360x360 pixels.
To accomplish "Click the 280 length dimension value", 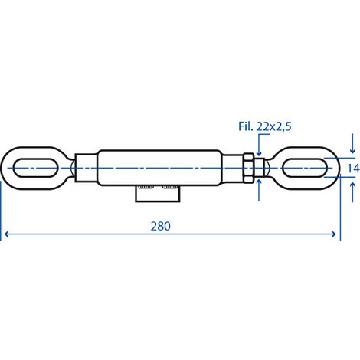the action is click(x=160, y=226).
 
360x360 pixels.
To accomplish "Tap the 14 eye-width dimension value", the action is click(x=354, y=169).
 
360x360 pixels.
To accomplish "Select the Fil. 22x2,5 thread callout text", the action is click(x=265, y=126).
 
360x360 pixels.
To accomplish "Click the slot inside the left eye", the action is click(x=36, y=168).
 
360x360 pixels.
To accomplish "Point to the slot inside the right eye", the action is click(x=305, y=168).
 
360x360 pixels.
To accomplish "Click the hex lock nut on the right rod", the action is click(x=248, y=168).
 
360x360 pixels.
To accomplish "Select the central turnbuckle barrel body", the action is click(x=159, y=168).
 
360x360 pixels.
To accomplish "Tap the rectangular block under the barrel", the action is click(x=158, y=194).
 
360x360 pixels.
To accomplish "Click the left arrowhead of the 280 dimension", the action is click(x=7, y=234).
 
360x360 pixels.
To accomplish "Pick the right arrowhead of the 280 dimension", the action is click(x=333, y=234).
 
